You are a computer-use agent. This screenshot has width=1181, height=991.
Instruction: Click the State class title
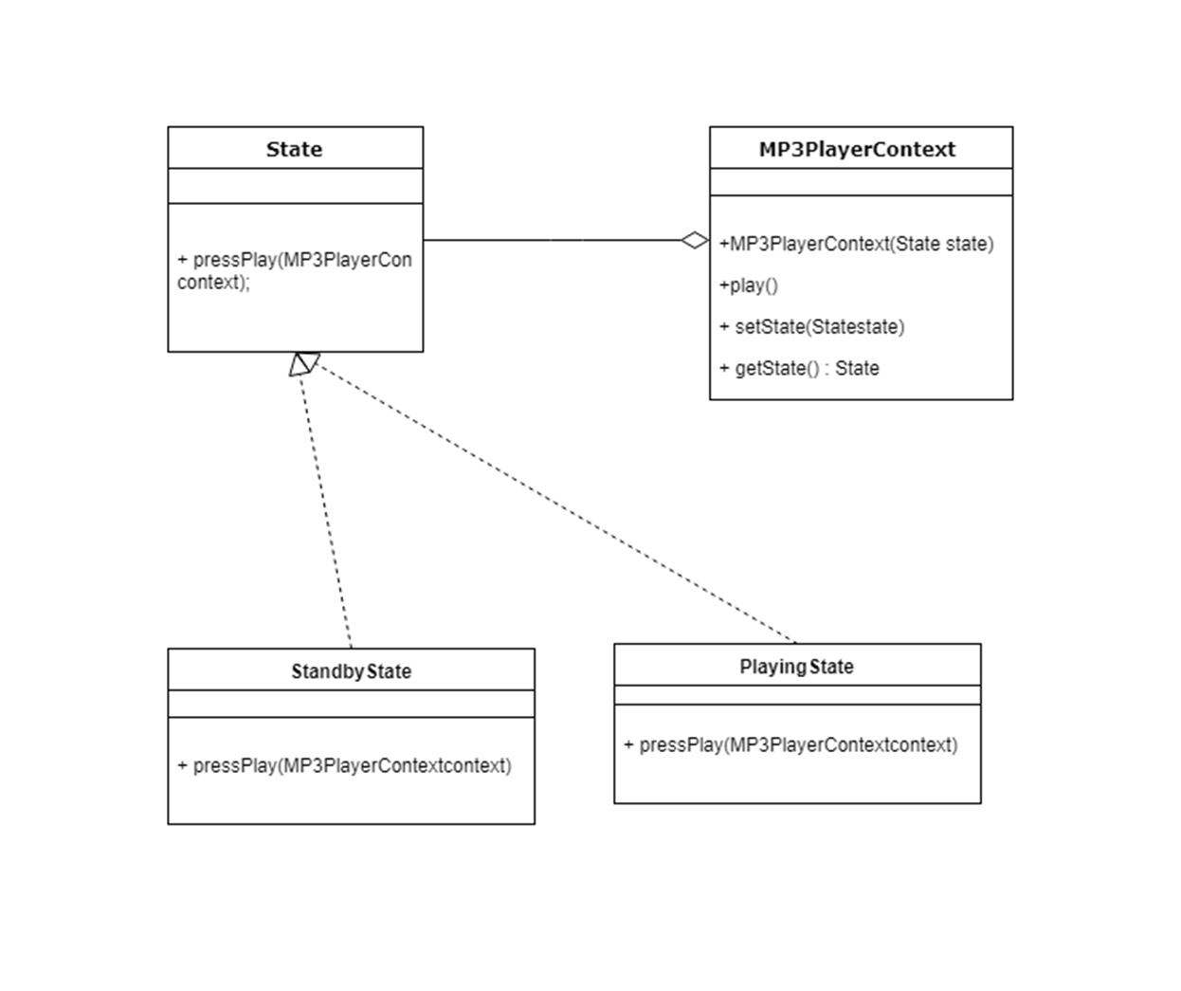point(294,149)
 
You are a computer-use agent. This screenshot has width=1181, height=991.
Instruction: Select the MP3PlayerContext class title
point(857,149)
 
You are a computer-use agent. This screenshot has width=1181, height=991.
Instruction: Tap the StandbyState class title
point(351,671)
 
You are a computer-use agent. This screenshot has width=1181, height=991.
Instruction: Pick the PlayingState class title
point(796,667)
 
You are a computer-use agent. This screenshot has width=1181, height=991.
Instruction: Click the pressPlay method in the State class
point(294,270)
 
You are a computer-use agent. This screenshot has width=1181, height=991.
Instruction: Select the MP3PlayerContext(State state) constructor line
point(856,244)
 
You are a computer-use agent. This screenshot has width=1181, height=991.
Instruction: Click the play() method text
point(748,285)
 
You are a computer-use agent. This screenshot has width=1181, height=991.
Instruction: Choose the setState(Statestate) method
point(811,327)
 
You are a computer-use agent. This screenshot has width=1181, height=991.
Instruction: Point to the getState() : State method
point(799,368)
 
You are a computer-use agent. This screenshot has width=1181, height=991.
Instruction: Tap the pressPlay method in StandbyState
point(344,765)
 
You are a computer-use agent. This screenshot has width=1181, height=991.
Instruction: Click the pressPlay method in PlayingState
point(790,744)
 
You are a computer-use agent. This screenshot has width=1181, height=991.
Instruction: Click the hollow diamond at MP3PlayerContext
point(695,240)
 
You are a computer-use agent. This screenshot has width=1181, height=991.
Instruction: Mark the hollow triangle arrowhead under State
point(302,363)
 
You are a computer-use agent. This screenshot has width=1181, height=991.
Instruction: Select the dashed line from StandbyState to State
point(327,512)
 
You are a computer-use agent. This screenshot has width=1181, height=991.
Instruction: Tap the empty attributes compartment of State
point(295,186)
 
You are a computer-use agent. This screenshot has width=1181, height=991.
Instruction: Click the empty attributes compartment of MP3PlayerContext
point(861,182)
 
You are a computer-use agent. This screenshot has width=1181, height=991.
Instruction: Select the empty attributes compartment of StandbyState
point(351,704)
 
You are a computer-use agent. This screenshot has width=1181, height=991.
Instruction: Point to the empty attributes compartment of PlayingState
point(797,695)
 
